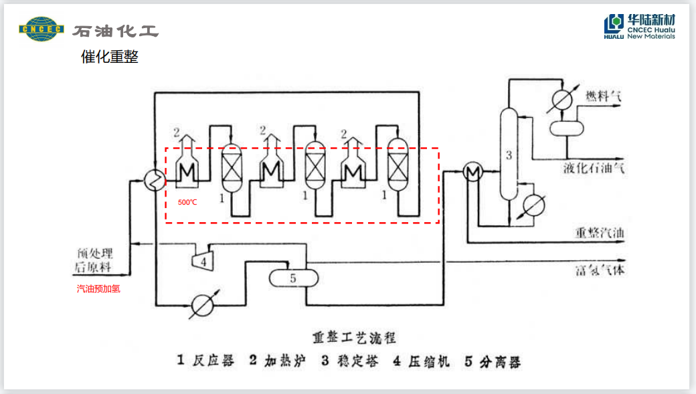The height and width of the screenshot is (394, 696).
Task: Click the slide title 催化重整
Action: [110, 58]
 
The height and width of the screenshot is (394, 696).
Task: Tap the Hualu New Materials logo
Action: [639, 27]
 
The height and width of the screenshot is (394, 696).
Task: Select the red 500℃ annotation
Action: [187, 202]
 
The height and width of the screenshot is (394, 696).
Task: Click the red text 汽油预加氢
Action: [98, 289]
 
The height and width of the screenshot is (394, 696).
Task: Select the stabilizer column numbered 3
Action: [509, 155]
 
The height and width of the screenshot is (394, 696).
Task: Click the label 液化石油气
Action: [594, 167]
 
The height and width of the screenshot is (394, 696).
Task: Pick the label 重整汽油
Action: [600, 233]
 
